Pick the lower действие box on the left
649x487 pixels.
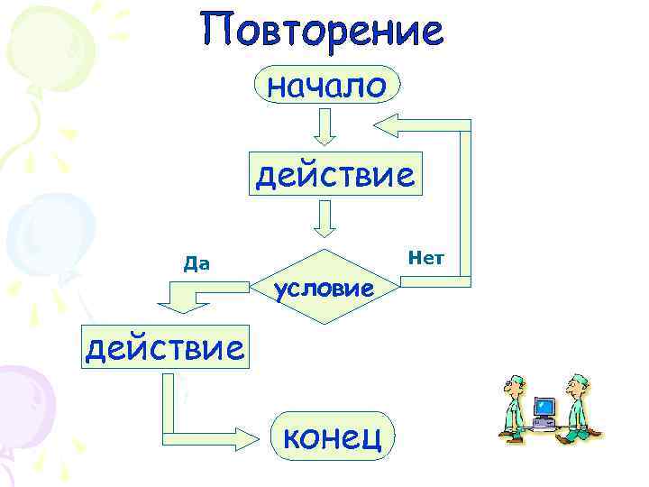[163, 345]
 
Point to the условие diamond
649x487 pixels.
[324, 287]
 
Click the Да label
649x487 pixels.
[197, 264]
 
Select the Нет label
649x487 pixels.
[425, 259]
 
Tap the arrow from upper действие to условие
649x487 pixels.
[324, 218]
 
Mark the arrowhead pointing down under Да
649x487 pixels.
[183, 305]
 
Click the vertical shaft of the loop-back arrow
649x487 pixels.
[465, 198]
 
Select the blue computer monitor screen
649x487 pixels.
[544, 408]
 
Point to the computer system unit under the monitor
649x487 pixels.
[544, 421]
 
